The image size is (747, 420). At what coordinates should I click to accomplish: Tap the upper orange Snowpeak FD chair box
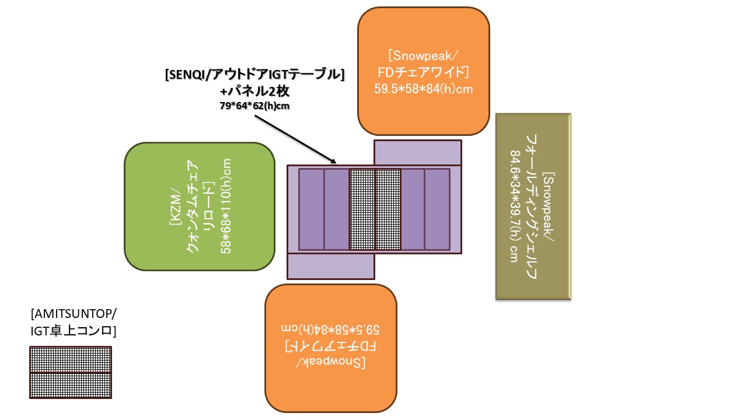[423, 35]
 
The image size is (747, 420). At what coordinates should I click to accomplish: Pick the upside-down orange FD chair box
[331, 385]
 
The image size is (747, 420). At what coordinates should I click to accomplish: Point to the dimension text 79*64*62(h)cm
[255, 106]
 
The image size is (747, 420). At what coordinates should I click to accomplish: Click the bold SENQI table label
[255, 75]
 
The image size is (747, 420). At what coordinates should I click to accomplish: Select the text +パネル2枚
[255, 91]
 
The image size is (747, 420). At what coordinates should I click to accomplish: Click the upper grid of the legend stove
[71, 359]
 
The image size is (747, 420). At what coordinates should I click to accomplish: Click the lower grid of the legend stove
[71, 385]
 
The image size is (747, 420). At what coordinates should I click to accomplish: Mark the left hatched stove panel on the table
[362, 209]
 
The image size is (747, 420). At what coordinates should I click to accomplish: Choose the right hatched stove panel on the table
[388, 209]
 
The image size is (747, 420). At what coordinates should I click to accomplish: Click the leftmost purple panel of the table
[312, 209]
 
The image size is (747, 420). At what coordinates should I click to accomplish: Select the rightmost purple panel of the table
[437, 209]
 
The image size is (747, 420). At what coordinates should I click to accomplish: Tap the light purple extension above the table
[417, 153]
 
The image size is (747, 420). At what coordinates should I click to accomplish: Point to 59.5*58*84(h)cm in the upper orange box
[423, 89]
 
